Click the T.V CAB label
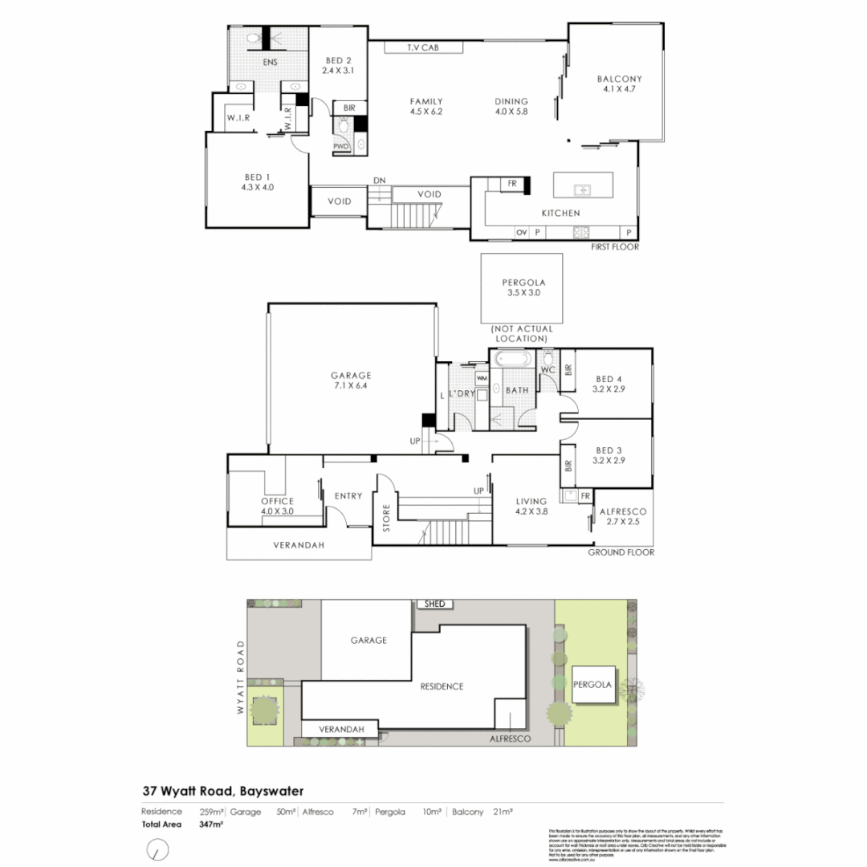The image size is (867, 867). (x=424, y=47)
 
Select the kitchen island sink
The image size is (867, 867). (x=582, y=190)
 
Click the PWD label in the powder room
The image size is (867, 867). (x=341, y=146)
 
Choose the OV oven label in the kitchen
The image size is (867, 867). (x=521, y=232)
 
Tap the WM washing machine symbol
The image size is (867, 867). (x=482, y=377)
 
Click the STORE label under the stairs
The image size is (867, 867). (x=386, y=518)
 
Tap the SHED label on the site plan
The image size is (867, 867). (x=434, y=604)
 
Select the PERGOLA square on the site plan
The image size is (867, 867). (x=592, y=686)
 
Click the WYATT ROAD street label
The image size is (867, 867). (x=239, y=678)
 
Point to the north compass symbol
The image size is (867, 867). (x=159, y=849)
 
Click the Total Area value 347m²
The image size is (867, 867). (x=210, y=824)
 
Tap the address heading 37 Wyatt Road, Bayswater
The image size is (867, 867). (x=223, y=792)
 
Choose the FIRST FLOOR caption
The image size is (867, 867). (x=615, y=247)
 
